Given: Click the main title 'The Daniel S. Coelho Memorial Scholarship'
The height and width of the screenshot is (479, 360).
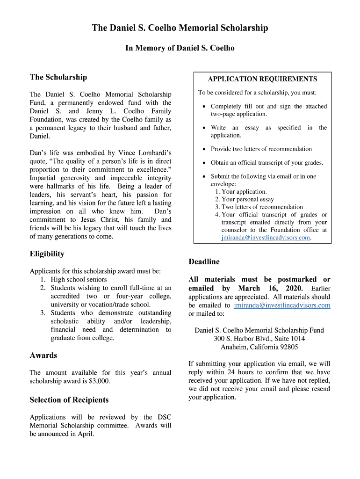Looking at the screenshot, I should pyautogui.click(x=180, y=28).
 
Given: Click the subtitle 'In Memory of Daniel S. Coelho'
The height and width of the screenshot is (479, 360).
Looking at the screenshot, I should pyautogui.click(x=180, y=48).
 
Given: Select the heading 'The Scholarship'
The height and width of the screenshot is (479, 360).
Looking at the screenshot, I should pyautogui.click(x=58, y=77).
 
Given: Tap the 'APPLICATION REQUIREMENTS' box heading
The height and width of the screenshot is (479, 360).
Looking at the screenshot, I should pyautogui.click(x=262, y=79).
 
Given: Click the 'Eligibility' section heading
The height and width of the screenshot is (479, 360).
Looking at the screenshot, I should pyautogui.click(x=47, y=254).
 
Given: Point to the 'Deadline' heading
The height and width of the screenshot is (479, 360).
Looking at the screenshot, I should pyautogui.click(x=204, y=261).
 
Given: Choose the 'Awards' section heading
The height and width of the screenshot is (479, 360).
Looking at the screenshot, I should pyautogui.click(x=43, y=356).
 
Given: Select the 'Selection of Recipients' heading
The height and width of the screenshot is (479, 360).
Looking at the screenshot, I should pyautogui.click(x=69, y=400).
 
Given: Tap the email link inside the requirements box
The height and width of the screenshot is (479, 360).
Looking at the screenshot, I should pyautogui.click(x=266, y=238).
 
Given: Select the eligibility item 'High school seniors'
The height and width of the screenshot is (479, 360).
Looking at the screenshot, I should pyautogui.click(x=79, y=280).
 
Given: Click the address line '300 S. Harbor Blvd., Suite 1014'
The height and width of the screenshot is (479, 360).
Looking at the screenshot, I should pyautogui.click(x=259, y=339).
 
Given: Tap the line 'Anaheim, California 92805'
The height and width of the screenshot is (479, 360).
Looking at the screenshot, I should pyautogui.click(x=259, y=347).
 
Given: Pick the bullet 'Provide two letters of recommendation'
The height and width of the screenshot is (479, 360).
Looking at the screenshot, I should pyautogui.click(x=261, y=149).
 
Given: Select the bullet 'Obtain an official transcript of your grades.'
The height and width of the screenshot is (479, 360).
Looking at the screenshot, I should pyautogui.click(x=267, y=163).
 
